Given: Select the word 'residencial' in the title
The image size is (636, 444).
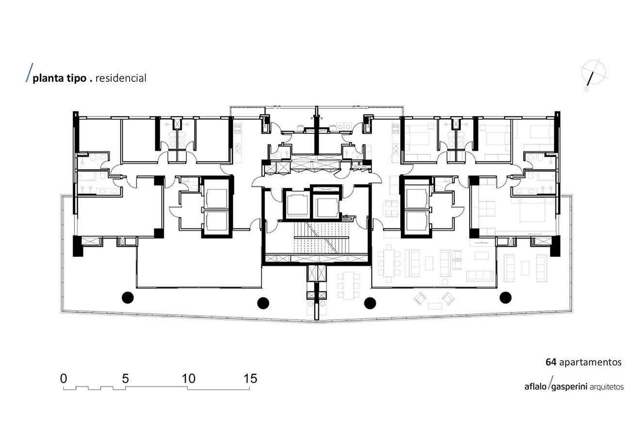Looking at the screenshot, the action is click(121, 78).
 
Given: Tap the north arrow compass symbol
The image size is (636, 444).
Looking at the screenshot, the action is click(593, 74).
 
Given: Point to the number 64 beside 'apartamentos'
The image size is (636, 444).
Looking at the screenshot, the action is click(551, 362).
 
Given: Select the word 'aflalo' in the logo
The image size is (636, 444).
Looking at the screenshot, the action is click(536, 387).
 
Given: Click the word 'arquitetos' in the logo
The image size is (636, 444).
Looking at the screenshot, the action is click(607, 387).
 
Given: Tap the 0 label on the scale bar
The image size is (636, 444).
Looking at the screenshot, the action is click(64, 379).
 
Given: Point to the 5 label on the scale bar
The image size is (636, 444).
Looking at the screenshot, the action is click(125, 379).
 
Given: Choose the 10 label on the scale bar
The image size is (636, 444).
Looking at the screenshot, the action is click(189, 379).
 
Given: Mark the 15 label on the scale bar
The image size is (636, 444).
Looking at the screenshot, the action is click(250, 379).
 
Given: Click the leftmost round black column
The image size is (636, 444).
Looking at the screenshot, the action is click(128, 298).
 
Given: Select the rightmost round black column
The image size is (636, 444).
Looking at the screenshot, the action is click(506, 298).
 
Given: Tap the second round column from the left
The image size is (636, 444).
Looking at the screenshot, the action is click(263, 303).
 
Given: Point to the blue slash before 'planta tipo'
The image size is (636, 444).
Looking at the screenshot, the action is click(29, 73).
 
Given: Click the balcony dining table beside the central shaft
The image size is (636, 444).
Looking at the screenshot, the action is click(348, 285).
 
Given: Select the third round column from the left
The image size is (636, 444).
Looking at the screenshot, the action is click(370, 303).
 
